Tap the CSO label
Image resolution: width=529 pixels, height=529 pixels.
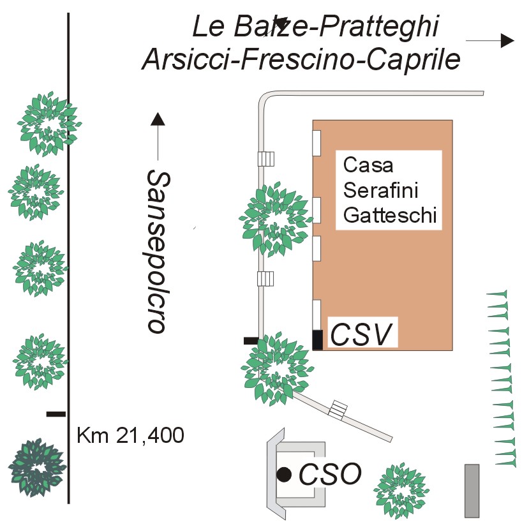[x=331, y=474]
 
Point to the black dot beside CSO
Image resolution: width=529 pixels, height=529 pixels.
[x=285, y=474]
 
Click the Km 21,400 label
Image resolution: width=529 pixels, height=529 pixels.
[x=130, y=436]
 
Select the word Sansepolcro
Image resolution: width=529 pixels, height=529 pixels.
[x=156, y=251]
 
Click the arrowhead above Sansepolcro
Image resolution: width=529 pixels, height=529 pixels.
[x=158, y=119]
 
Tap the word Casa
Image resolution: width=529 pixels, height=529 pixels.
[x=368, y=165]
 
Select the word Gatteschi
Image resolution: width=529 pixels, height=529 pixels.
[x=390, y=216]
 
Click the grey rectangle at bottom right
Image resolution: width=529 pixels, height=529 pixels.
[x=472, y=490]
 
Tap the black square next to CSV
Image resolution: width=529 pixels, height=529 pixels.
[x=317, y=339]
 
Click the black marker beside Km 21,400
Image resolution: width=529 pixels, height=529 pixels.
[x=56, y=414]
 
